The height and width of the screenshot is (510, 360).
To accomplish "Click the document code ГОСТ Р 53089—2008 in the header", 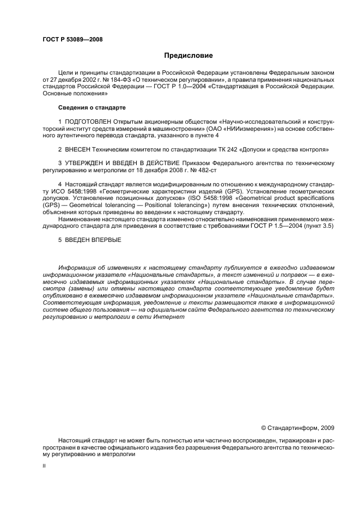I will [72, 40].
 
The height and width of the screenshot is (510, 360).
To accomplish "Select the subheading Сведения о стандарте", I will [84, 106].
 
